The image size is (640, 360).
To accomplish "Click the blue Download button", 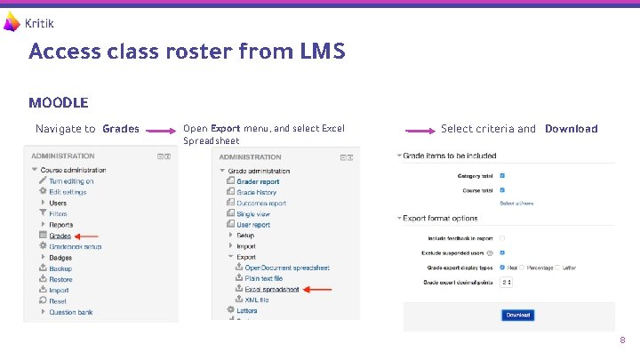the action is coord(518,315).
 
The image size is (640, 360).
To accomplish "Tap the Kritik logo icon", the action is coord(12,22).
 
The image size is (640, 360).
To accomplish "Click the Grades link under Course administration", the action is coord(60,236).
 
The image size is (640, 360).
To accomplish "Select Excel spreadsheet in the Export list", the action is coord(272,289).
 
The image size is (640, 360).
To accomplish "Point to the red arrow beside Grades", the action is coord(87,236).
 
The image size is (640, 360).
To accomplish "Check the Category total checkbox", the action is coord(503,175).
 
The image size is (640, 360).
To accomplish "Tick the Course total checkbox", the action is coord(503,189).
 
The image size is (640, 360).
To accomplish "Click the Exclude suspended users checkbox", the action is coord(503,252).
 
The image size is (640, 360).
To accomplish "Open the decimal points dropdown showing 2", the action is coord(507,282).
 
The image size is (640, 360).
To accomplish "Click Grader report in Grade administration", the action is coord(258,181).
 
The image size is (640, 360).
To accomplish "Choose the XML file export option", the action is coord(257,300).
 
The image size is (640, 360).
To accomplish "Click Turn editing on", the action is coord(71,181).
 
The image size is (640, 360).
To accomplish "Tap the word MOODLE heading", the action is coord(58,103).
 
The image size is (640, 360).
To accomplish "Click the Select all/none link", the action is coord(516,204).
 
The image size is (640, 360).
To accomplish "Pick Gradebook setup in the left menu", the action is coord(76,246).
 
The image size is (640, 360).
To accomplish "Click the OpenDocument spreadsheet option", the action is coord(287,268).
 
